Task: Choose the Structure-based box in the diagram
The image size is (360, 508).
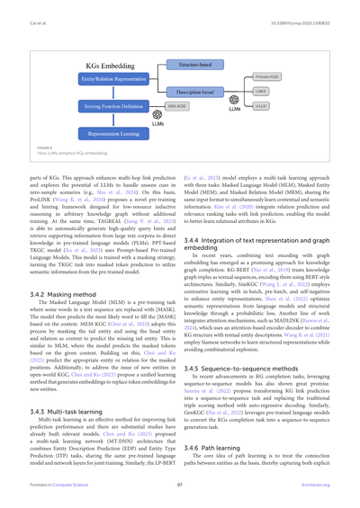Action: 193,65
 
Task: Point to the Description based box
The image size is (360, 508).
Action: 193,90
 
